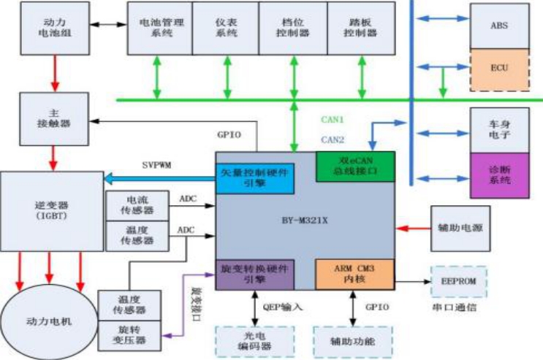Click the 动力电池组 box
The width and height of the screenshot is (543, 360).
pos(50,28)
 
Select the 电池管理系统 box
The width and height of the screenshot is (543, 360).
pos(159,28)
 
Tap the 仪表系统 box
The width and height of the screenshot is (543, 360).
pos(225,28)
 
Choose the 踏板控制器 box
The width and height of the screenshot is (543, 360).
pos(357,28)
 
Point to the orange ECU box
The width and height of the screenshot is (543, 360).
pos(499,69)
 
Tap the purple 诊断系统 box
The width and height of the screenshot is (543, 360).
pos(499,175)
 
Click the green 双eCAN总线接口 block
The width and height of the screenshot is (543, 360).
pos(355,166)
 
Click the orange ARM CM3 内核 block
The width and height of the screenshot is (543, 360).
pos(355,275)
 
